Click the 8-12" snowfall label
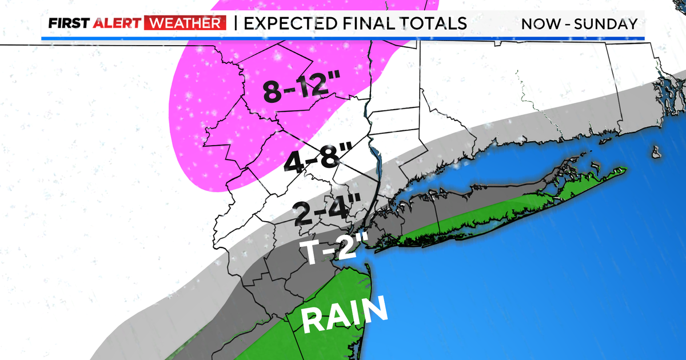[297, 90]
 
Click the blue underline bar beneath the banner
[343, 38]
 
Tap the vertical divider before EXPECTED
[236, 23]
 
